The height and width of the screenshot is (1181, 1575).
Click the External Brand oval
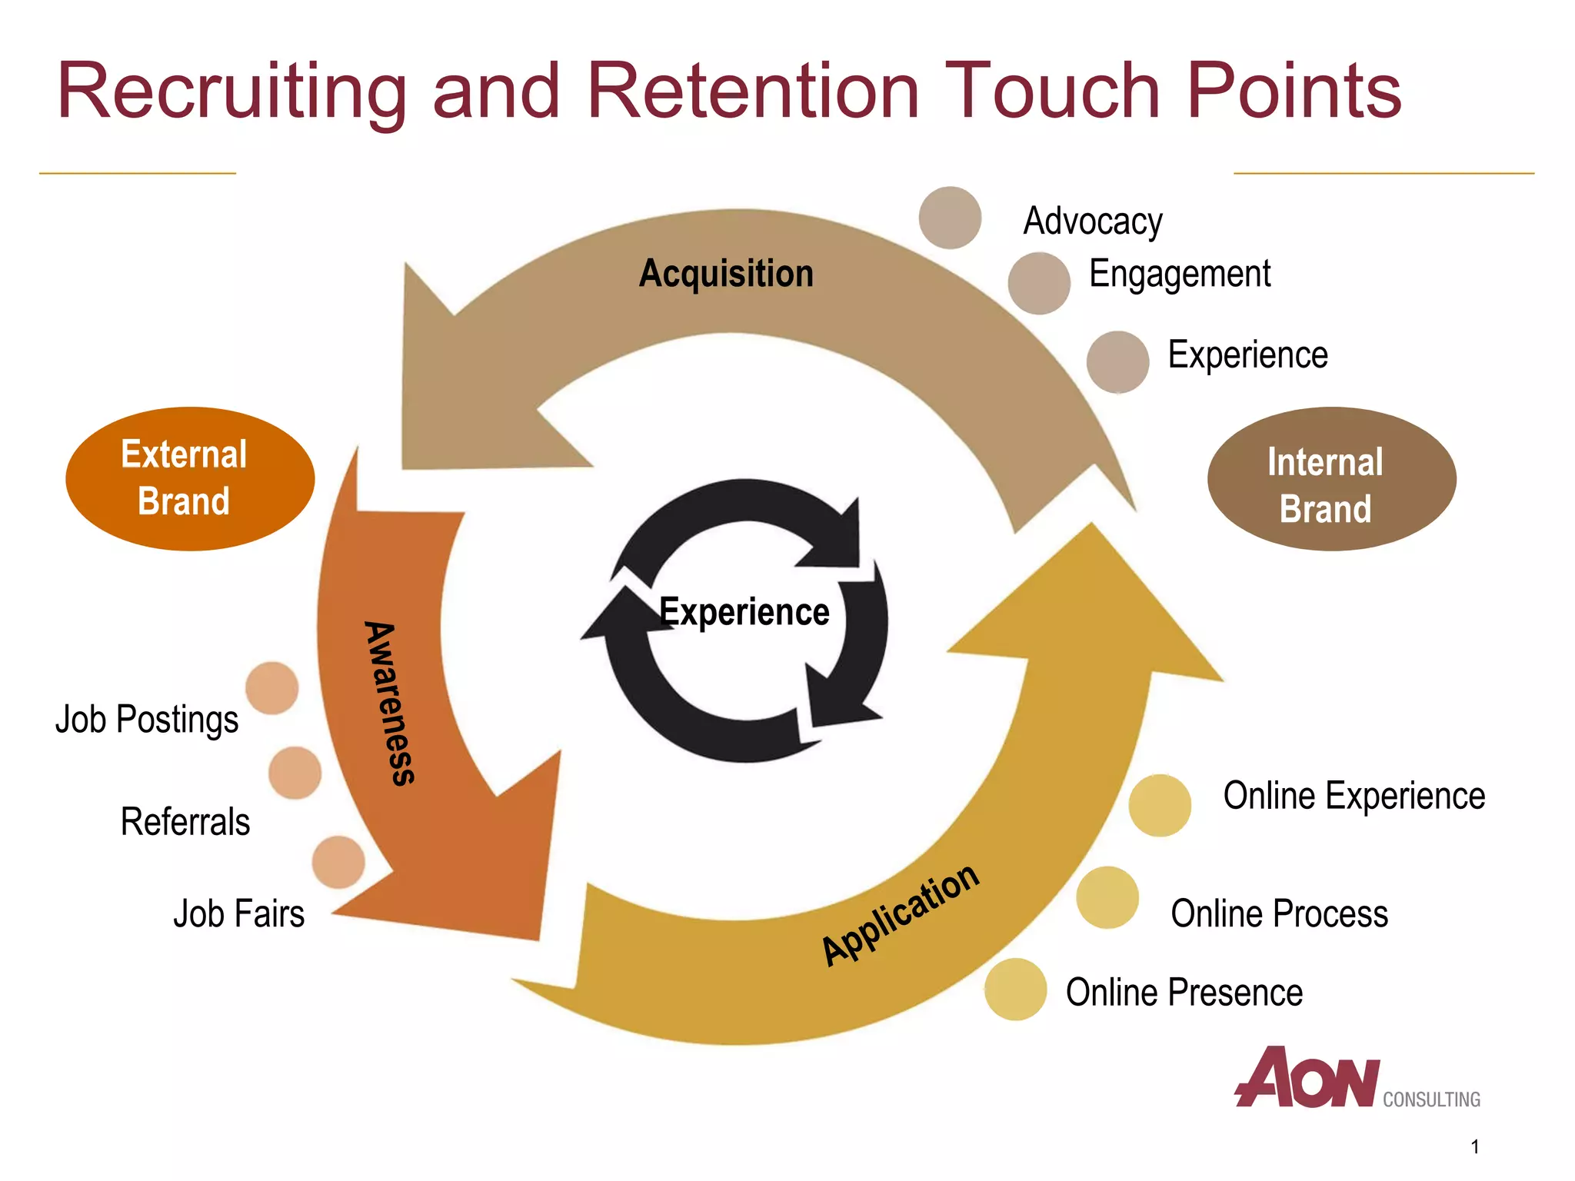point(190,478)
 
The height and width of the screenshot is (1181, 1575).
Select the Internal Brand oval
point(1331,478)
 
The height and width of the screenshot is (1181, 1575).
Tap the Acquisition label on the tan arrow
point(726,274)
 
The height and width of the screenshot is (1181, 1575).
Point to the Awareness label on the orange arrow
point(391,703)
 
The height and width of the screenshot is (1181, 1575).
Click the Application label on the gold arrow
point(901,914)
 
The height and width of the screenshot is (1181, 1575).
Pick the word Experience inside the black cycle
point(744,612)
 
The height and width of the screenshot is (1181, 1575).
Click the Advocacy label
point(1092,221)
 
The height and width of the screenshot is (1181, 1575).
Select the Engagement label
point(1180,274)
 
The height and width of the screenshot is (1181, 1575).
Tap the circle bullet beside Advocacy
point(950,218)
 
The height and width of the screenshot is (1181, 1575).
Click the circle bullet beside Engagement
point(1039,283)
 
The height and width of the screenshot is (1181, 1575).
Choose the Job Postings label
point(147,720)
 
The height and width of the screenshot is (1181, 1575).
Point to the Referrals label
point(185,822)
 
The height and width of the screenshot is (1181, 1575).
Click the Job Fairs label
point(238,914)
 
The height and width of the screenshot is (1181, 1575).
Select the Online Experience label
point(1354,796)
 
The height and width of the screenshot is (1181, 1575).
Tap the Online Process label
point(1279,914)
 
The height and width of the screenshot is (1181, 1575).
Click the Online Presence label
point(1184,993)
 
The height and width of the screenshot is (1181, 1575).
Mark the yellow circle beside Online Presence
point(1015,989)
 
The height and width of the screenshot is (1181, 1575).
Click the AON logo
point(1307,1078)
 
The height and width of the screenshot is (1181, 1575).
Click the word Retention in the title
point(753,91)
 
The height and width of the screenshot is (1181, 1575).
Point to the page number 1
point(1474,1147)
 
